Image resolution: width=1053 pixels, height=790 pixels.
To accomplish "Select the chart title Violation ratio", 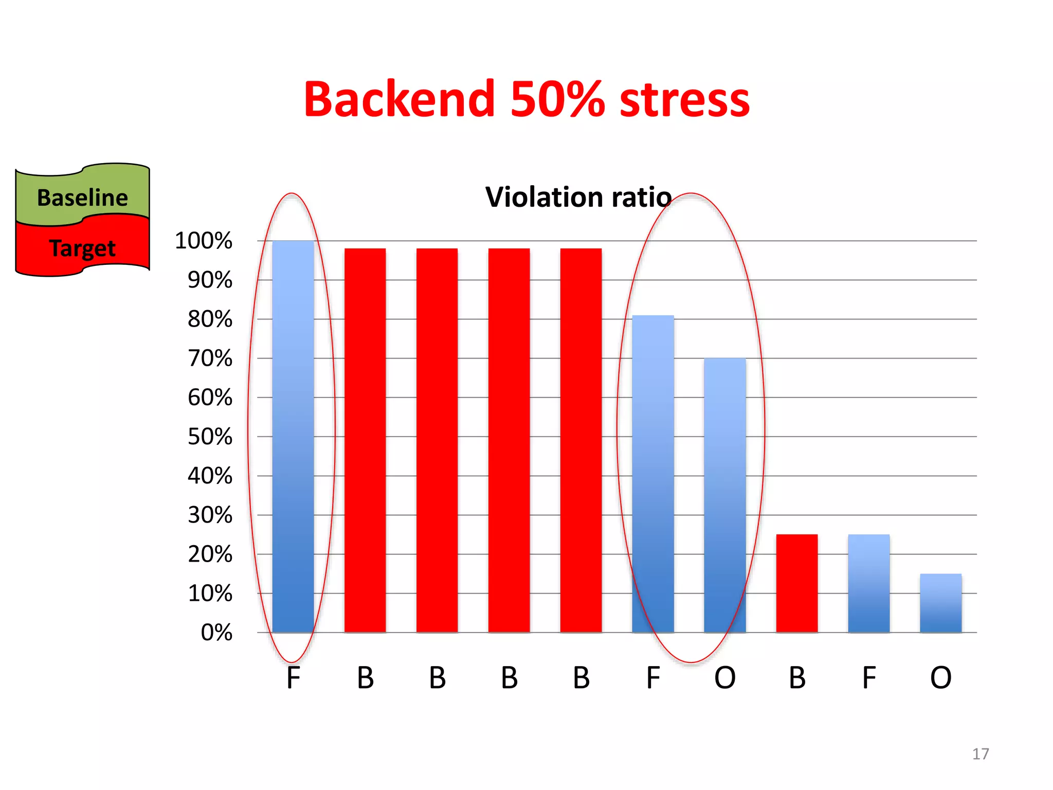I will (x=578, y=197).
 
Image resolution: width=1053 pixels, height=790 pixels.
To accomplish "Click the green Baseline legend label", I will (x=82, y=197).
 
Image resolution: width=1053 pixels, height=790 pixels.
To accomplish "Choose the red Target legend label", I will (x=82, y=248).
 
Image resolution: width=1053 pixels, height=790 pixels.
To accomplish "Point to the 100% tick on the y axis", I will (x=204, y=241).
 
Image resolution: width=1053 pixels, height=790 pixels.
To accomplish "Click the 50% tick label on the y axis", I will (x=210, y=437).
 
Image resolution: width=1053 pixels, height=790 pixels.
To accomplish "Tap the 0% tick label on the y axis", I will (x=216, y=633).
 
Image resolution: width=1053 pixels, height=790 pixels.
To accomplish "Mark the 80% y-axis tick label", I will (x=210, y=319).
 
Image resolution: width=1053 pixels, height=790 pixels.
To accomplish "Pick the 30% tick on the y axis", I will (x=210, y=515).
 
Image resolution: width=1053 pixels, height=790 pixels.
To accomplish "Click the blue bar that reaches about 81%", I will (x=653, y=473).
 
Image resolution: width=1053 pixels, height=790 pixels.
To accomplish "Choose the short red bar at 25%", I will (x=797, y=583).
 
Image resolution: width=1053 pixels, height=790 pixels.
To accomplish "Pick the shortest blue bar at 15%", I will (x=941, y=603).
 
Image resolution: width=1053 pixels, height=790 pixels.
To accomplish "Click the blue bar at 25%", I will (x=869, y=583).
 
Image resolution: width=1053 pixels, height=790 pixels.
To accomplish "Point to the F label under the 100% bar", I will (x=293, y=678).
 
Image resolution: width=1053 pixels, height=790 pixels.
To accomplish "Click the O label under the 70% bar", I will (x=725, y=678).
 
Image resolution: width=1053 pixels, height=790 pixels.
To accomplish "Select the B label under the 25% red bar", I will (x=797, y=678).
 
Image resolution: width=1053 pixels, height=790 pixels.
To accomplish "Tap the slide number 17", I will (x=981, y=754).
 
